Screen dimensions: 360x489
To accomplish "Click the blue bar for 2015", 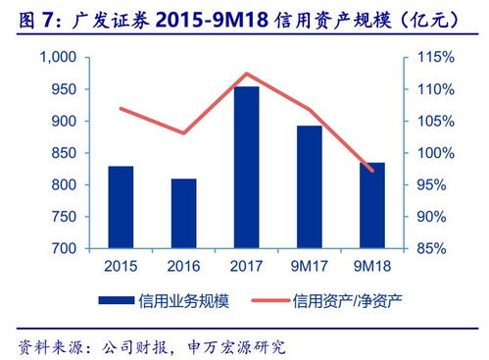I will coord(121,207).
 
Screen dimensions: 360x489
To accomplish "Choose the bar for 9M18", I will coord(371,205).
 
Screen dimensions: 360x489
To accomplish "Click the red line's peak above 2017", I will coord(246,74).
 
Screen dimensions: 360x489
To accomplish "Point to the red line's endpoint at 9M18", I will coord(371,171).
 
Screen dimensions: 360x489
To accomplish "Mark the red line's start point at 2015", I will coord(121,108).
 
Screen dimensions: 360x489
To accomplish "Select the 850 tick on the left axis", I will coord(61,153).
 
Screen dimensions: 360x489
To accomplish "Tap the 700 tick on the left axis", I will coord(61,248).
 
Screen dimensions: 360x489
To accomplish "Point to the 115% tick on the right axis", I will coord(429,58).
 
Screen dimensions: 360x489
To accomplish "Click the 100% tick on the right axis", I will coord(429,153).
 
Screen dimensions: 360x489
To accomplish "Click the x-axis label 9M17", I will coord(309,266).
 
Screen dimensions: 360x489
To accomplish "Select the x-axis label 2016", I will coord(183,266).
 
